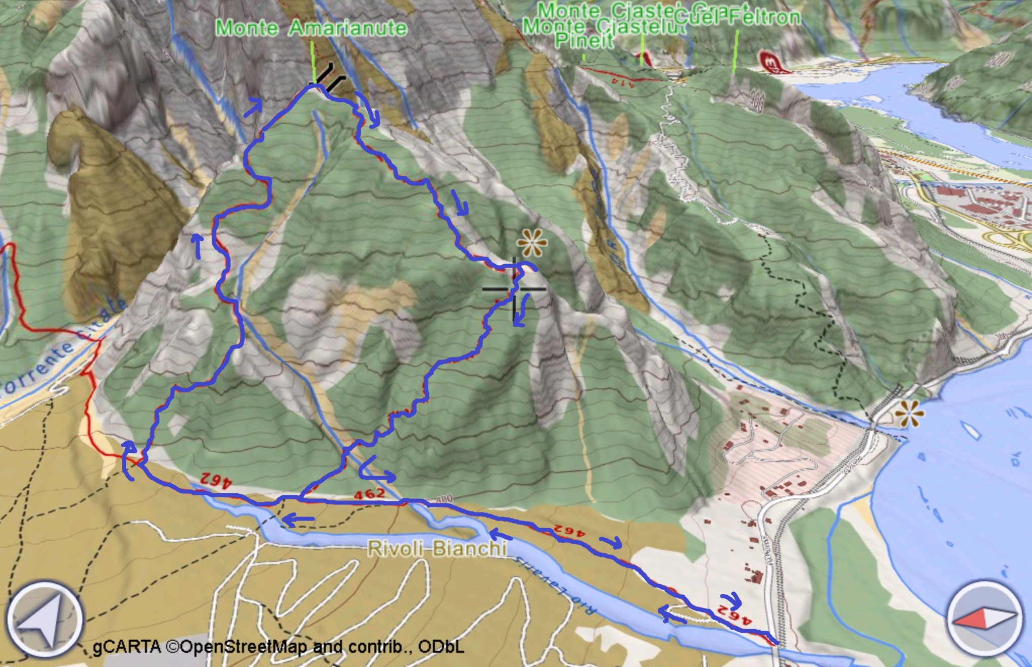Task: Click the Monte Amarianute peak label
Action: click(x=311, y=28)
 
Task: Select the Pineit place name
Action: click(x=584, y=40)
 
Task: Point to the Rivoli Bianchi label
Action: click(x=437, y=548)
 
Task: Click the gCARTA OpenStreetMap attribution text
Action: click(x=278, y=647)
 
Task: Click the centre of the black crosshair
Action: click(x=514, y=289)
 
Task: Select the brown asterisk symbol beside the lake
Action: click(x=909, y=414)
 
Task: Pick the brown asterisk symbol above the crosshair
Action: click(x=532, y=243)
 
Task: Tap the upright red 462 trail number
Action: click(x=370, y=494)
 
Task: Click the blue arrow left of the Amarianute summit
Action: click(x=254, y=107)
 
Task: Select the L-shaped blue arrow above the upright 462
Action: click(x=375, y=469)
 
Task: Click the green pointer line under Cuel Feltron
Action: click(x=735, y=50)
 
